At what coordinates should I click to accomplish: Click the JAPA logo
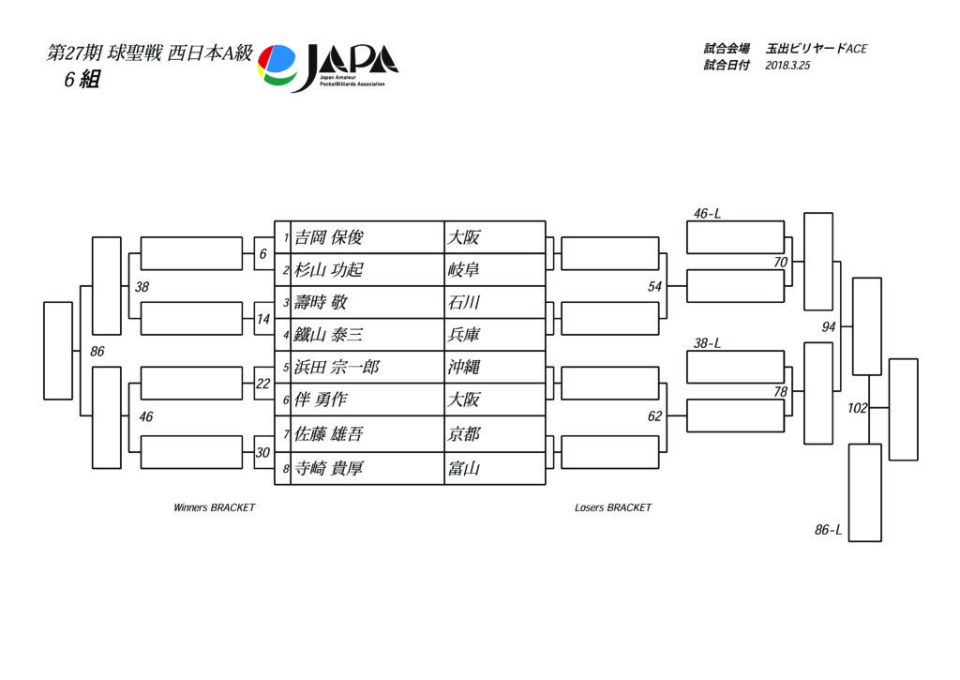click(x=328, y=68)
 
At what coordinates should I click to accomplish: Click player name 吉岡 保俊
click(x=329, y=237)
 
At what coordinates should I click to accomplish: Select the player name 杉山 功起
click(x=329, y=269)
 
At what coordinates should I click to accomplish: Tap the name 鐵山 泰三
click(x=329, y=335)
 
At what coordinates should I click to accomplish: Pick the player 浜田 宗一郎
click(x=337, y=367)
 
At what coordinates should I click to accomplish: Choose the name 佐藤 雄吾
click(x=329, y=434)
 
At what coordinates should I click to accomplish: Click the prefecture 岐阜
click(x=463, y=269)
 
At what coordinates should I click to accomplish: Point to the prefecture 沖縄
click(x=463, y=367)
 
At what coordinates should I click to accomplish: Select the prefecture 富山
click(x=463, y=469)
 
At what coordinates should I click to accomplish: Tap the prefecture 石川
click(x=463, y=302)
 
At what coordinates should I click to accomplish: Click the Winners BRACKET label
click(x=215, y=507)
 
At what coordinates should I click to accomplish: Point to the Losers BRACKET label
click(x=613, y=507)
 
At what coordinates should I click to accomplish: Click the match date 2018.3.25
click(x=787, y=66)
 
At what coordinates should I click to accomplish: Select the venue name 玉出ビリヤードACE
click(x=817, y=49)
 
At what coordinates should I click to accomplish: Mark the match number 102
click(x=857, y=408)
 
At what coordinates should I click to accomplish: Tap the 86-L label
click(x=829, y=530)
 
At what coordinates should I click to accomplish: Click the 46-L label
click(x=707, y=214)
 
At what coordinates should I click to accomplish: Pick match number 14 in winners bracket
click(x=263, y=319)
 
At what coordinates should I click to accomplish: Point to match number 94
click(x=829, y=327)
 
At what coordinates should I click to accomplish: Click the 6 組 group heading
click(x=82, y=80)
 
